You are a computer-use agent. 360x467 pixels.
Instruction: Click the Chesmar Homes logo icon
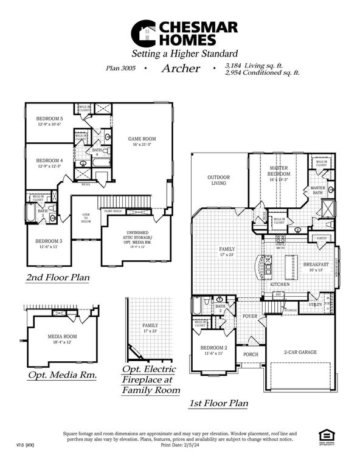[x=147, y=33]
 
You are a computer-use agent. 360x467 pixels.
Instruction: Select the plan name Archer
[x=180, y=68]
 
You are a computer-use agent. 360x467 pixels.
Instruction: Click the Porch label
[x=251, y=354]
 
